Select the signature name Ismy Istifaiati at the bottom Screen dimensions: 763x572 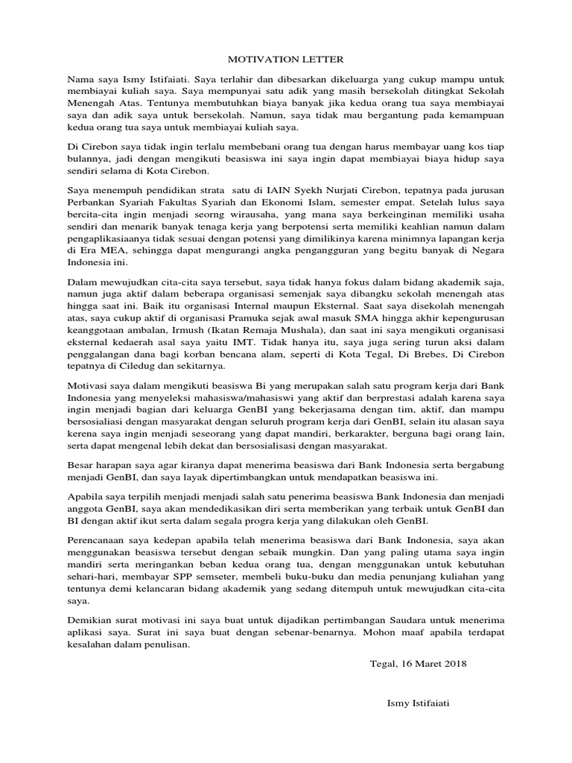point(419,702)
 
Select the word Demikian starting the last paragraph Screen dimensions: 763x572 point(92,620)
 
